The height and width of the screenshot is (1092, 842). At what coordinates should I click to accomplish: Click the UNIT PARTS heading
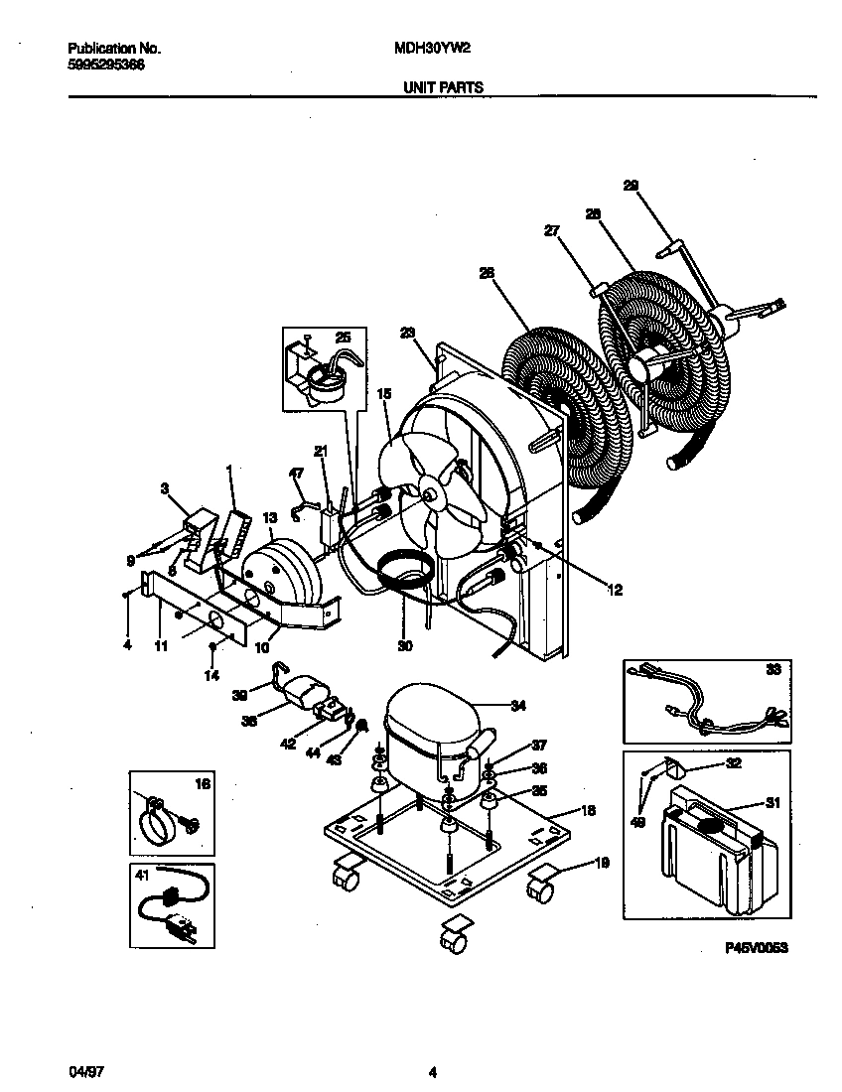[442, 87]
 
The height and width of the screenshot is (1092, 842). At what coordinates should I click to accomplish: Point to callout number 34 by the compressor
[516, 706]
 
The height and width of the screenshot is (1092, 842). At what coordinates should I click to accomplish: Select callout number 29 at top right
[631, 185]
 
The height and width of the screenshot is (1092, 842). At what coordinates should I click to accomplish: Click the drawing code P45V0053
[756, 949]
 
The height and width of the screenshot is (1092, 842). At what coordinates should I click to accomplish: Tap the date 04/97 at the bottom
[85, 1071]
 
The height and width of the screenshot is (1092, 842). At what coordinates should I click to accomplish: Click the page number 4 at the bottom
[433, 1071]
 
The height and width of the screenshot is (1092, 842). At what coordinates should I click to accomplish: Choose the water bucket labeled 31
[710, 854]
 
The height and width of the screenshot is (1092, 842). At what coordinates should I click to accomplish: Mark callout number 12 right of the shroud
[614, 591]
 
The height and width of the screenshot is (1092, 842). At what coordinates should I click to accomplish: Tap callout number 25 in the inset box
[343, 338]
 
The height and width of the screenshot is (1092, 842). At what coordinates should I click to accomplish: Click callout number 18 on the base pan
[589, 810]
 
